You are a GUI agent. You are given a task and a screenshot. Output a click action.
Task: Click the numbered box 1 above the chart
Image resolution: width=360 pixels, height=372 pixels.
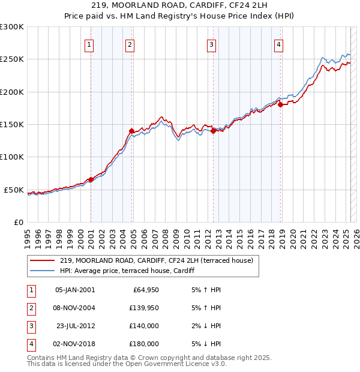[89, 43]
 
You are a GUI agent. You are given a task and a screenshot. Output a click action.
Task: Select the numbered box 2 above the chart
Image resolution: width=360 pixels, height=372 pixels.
[130, 43]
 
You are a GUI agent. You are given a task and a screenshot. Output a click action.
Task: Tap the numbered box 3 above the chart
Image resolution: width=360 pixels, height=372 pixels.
[212, 43]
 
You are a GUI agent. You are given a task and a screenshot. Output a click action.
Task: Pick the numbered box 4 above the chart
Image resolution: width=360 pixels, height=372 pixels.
[279, 43]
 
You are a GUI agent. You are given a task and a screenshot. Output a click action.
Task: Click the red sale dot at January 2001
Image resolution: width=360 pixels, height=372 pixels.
[91, 179]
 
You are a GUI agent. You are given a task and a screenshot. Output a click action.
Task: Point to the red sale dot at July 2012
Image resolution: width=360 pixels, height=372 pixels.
[213, 131]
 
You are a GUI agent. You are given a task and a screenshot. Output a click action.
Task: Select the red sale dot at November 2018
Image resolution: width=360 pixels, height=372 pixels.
[280, 105]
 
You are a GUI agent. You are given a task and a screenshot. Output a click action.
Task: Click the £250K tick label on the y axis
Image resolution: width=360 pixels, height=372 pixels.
[12, 59]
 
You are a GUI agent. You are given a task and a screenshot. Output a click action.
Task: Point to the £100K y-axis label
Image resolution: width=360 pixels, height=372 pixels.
[12, 157]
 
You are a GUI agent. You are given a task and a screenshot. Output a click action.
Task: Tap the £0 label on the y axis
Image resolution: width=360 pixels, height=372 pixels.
[18, 222]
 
